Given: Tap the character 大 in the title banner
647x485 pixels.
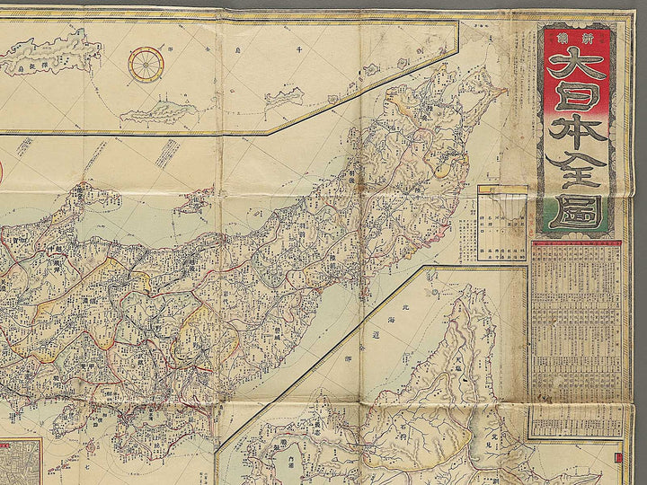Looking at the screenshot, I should click(576, 66).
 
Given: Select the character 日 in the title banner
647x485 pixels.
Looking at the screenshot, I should click(576, 106).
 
